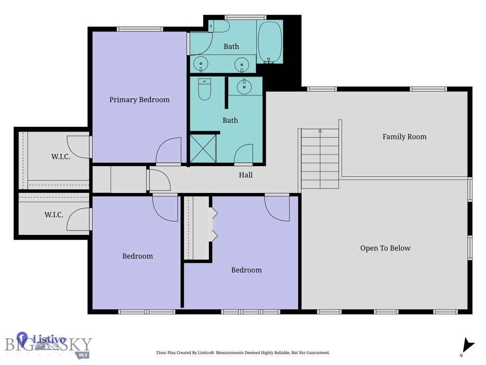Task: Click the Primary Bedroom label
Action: pyautogui.click(x=139, y=100)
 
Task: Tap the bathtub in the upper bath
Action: pyautogui.click(x=270, y=42)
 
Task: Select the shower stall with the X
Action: pyautogui.click(x=203, y=148)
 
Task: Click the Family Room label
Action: pyautogui.click(x=404, y=137)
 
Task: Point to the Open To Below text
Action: pyautogui.click(x=385, y=248)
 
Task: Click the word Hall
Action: pyautogui.click(x=246, y=175)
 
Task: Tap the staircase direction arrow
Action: pyautogui.click(x=320, y=131)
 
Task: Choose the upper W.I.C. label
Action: pyautogui.click(x=60, y=157)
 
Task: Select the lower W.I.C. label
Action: pyautogui.click(x=54, y=215)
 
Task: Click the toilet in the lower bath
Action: pyautogui.click(x=204, y=89)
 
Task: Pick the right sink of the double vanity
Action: pyautogui.click(x=242, y=64)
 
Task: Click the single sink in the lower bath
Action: pyautogui.click(x=245, y=86)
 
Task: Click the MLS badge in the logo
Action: pyautogui.click(x=84, y=355)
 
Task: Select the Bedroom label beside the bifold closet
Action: pyautogui.click(x=246, y=270)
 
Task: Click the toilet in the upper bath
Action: pyautogui.click(x=219, y=26)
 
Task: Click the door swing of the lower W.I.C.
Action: pyautogui.click(x=78, y=219)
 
